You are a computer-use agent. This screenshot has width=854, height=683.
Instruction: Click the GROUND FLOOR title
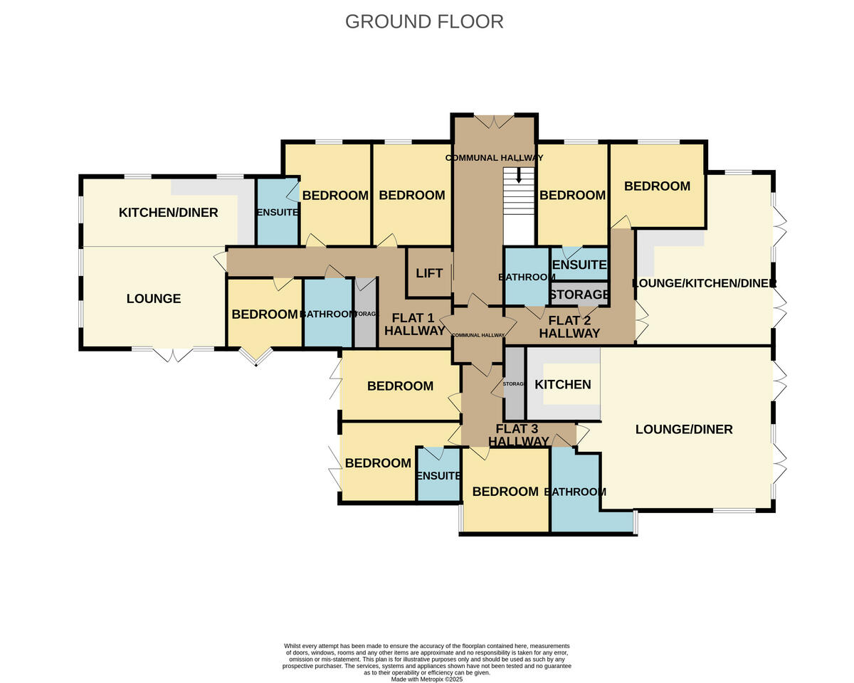(x=424, y=21)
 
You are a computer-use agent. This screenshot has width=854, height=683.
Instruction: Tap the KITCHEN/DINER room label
(x=168, y=213)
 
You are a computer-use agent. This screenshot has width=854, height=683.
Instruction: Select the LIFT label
(x=429, y=273)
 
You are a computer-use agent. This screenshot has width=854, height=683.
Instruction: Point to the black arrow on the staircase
(x=518, y=175)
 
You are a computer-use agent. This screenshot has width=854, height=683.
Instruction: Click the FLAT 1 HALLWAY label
(x=415, y=324)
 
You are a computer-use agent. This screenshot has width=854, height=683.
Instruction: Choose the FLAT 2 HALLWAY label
(x=569, y=327)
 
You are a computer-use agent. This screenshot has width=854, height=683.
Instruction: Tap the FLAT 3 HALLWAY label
(x=518, y=435)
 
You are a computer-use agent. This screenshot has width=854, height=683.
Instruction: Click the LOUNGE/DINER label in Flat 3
(x=683, y=429)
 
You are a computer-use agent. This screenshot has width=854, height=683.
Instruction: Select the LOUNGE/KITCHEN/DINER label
(x=704, y=283)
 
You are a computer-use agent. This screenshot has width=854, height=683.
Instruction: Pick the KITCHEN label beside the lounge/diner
(x=562, y=385)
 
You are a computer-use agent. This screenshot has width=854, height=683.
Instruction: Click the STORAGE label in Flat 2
(x=579, y=295)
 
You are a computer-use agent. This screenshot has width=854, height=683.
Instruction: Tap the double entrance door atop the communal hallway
(x=495, y=122)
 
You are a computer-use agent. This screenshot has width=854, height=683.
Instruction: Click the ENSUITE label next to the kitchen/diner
(x=277, y=212)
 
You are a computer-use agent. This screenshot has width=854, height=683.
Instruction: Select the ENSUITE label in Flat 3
(x=438, y=475)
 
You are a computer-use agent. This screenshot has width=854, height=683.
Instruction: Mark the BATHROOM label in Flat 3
(x=575, y=492)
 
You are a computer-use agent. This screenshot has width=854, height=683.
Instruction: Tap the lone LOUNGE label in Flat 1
(x=154, y=299)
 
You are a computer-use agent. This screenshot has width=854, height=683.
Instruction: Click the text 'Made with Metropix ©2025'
(x=427, y=679)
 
